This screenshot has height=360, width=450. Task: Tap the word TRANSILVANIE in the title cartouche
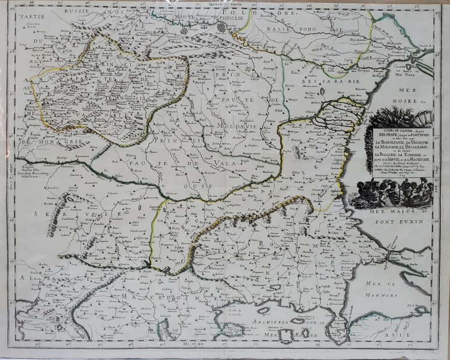[390, 142]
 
